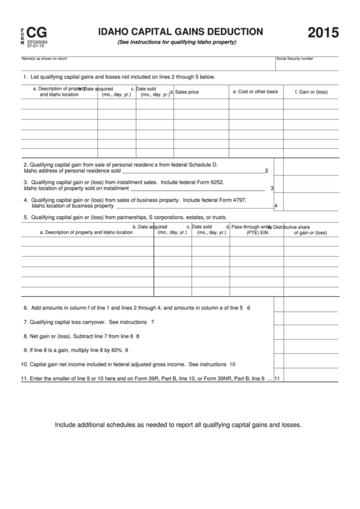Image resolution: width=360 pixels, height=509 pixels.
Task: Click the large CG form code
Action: pos(36,32)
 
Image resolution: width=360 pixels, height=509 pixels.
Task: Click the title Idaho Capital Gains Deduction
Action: pos(181,31)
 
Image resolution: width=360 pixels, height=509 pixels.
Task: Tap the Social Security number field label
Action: pos(294,59)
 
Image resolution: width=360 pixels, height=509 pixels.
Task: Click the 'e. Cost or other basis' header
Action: pos(255,92)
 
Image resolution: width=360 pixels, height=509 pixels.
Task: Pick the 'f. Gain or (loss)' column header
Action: pos(311,92)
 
